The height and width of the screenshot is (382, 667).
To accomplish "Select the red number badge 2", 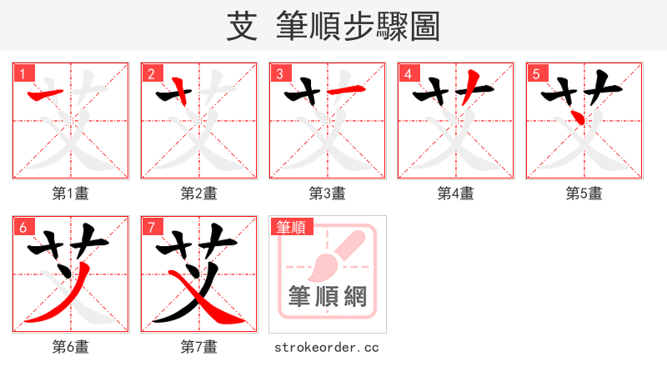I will click(150, 73).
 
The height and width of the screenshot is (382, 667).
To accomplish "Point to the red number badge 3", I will click(278, 73).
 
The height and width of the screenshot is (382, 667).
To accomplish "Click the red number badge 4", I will click(407, 73).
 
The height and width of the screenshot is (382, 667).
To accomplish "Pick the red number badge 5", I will click(535, 73).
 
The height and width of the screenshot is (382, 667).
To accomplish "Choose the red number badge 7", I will click(150, 226).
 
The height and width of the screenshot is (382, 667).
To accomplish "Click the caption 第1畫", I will click(71, 194).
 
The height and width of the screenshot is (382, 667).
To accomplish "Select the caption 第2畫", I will click(199, 194).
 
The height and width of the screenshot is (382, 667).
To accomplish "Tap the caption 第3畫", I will click(328, 194).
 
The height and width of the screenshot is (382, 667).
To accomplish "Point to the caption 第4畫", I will click(456, 194).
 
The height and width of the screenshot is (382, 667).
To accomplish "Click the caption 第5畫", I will click(584, 194).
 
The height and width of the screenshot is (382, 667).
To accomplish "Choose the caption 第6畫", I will click(71, 346).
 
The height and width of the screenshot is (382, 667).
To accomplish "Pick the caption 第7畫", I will click(199, 346).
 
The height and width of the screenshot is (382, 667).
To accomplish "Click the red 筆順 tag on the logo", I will click(288, 226).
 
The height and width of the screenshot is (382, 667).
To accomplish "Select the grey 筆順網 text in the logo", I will click(327, 296).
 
